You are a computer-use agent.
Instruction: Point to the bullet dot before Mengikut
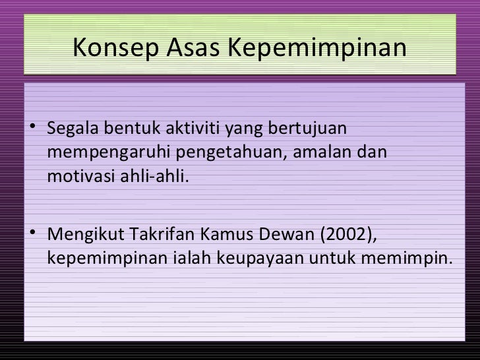coord(34,234)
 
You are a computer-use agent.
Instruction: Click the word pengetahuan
coord(224,153)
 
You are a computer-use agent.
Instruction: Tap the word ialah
coord(187,259)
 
